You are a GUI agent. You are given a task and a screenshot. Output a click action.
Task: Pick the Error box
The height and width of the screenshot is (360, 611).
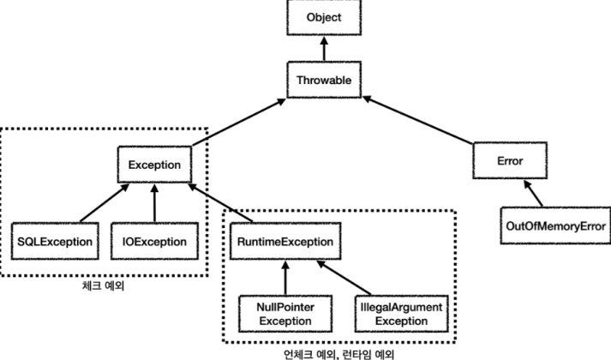coord(510,159)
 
